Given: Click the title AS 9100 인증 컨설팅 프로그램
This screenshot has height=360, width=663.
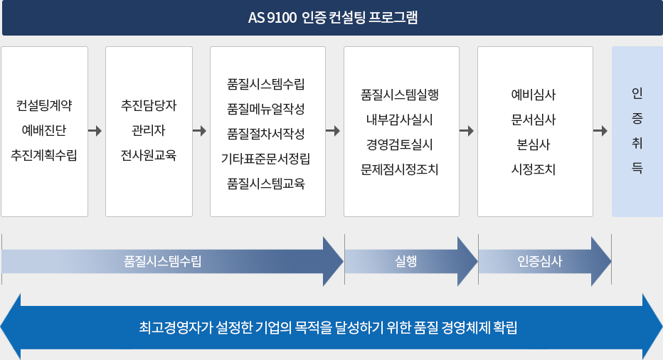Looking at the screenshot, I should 332,18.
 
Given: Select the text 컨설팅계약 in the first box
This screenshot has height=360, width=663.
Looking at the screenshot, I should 44,106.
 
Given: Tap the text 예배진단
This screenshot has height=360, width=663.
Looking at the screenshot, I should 44,130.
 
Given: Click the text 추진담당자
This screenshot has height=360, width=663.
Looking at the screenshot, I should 149,106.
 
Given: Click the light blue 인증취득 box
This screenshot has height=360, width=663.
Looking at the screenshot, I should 637,132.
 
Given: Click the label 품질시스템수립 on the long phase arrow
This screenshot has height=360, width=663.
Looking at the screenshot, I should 162,261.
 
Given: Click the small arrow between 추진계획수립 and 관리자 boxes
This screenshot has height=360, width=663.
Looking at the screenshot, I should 95,131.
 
